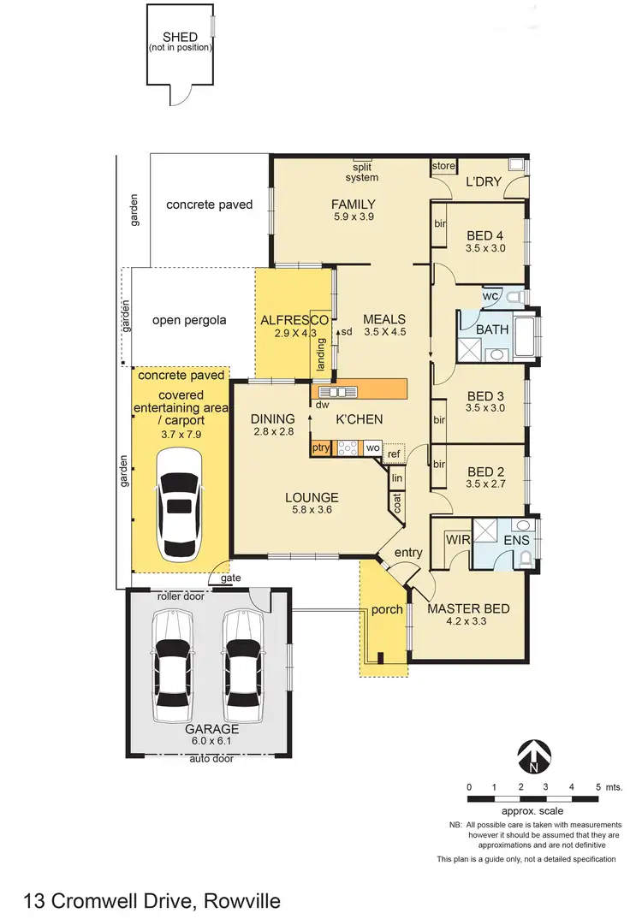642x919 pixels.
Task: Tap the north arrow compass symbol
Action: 534,755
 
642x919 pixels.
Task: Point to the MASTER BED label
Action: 468,608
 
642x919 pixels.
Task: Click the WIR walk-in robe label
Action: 455,541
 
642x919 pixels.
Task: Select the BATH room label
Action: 492,329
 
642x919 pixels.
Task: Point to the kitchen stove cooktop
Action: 348,447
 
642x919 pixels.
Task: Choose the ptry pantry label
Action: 320,448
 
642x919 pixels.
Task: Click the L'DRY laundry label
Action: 483,183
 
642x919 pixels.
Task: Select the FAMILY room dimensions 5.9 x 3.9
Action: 354,216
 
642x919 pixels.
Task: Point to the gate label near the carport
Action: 230,578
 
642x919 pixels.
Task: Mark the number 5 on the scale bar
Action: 596,786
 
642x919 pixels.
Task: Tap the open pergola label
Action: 189,321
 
